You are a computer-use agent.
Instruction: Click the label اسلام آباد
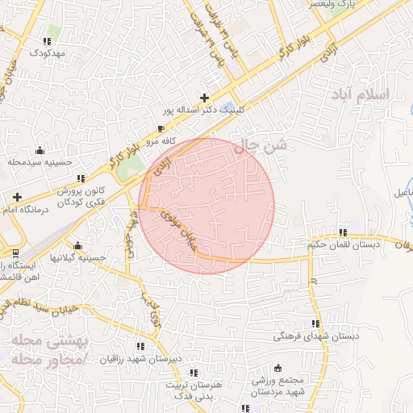[x=359, y=94]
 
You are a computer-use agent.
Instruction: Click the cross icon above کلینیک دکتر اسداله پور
[x=204, y=98]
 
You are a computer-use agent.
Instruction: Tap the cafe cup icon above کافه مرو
[x=161, y=129]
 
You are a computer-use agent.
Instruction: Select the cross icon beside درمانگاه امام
[x=17, y=197]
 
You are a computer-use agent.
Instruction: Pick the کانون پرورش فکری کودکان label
[x=81, y=197]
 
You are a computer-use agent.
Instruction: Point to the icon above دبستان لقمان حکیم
[x=343, y=232]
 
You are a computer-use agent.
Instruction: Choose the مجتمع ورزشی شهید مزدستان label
[x=276, y=386]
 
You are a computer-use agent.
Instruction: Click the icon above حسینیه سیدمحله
[x=40, y=150]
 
